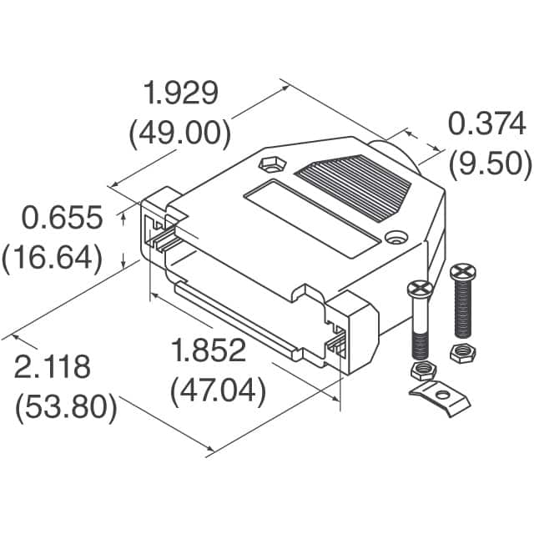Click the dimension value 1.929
pyautogui.click(x=181, y=93)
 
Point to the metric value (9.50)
pyautogui.click(x=490, y=164)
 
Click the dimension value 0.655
pyautogui.click(x=62, y=219)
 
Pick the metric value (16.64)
pyautogui.click(x=53, y=258)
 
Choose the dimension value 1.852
pyautogui.click(x=208, y=351)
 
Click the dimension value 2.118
pyautogui.click(x=52, y=367)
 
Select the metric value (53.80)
pyautogui.click(x=63, y=407)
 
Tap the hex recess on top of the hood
pyautogui.click(x=272, y=164)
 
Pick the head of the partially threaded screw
pyautogui.click(x=419, y=290)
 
